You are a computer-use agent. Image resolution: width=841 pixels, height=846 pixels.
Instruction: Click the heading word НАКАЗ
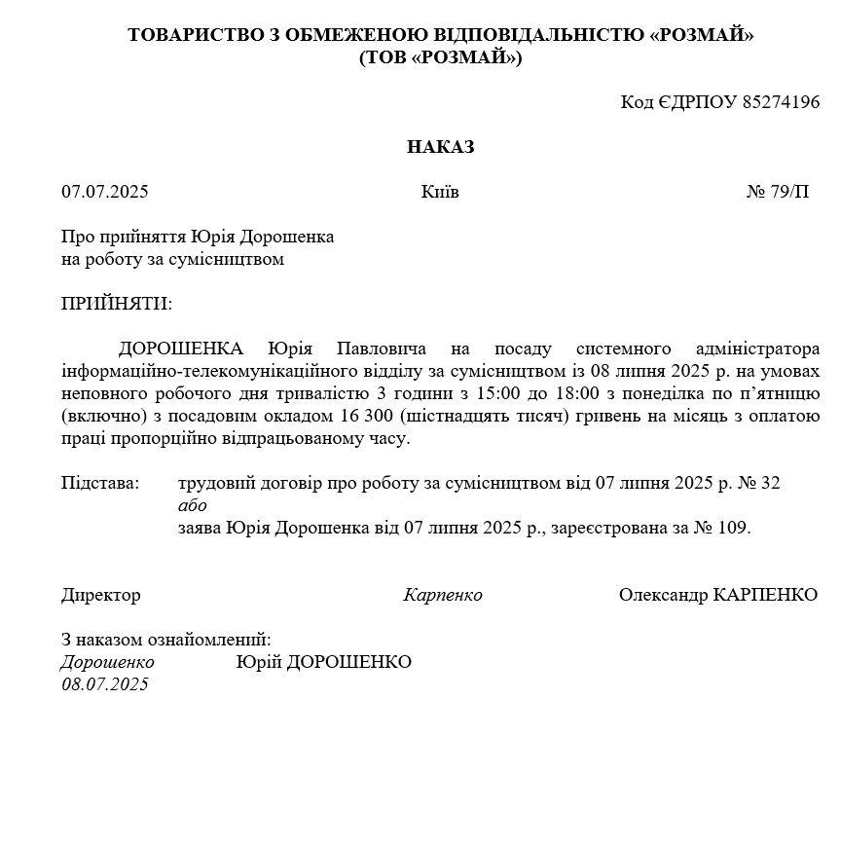click(x=440, y=147)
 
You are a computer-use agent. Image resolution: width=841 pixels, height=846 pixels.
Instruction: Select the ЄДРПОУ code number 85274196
click(x=781, y=102)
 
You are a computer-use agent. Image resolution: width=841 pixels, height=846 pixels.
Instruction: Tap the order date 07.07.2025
click(x=105, y=192)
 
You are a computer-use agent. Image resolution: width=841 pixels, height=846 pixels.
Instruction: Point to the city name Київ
click(x=440, y=192)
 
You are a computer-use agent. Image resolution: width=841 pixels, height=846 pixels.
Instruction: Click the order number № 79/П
click(x=777, y=192)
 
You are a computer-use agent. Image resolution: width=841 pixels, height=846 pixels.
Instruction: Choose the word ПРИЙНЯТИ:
click(x=116, y=304)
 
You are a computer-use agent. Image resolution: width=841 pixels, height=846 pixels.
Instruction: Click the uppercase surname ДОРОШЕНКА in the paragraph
click(x=181, y=349)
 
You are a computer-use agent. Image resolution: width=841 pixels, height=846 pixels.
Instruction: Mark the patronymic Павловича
click(x=374, y=349)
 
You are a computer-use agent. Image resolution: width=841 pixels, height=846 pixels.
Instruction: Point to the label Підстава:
click(x=100, y=483)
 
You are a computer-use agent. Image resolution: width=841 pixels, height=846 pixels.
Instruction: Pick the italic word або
click(x=193, y=505)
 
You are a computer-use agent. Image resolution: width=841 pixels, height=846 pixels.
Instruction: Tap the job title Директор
click(x=101, y=595)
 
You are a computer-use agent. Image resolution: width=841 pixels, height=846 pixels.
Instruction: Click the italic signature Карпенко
click(x=443, y=595)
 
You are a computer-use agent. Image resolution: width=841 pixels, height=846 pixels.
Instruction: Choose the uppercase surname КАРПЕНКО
click(x=765, y=595)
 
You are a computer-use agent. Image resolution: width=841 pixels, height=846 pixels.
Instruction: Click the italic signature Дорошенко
click(x=107, y=662)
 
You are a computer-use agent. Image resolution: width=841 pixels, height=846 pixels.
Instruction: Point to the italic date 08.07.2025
click(x=105, y=684)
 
